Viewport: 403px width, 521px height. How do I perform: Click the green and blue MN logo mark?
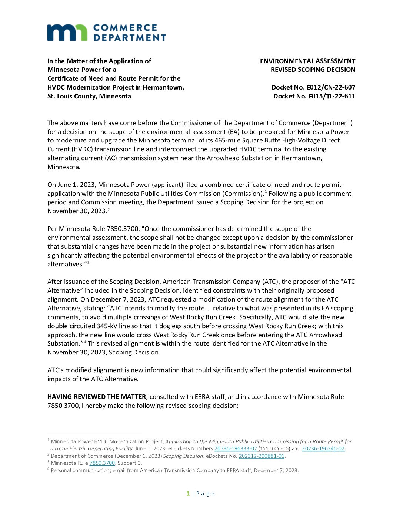(x=67, y=33)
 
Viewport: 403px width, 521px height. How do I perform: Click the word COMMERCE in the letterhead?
(x=125, y=28)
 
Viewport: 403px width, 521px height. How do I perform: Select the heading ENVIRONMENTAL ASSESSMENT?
(x=307, y=61)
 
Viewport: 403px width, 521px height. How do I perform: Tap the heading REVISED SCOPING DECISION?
(x=313, y=70)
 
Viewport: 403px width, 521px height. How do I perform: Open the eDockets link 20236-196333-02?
(x=236, y=448)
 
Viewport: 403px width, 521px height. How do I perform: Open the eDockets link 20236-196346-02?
(x=323, y=448)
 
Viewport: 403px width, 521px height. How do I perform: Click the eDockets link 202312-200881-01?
(x=262, y=456)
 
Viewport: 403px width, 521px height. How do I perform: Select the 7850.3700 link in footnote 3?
(x=102, y=463)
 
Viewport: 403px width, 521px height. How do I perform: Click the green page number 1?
(x=188, y=493)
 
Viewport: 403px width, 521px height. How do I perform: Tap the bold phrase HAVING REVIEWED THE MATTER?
(x=97, y=397)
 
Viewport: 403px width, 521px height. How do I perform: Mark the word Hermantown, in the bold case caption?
(x=163, y=87)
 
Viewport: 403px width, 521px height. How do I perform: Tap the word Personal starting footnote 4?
(x=61, y=470)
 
